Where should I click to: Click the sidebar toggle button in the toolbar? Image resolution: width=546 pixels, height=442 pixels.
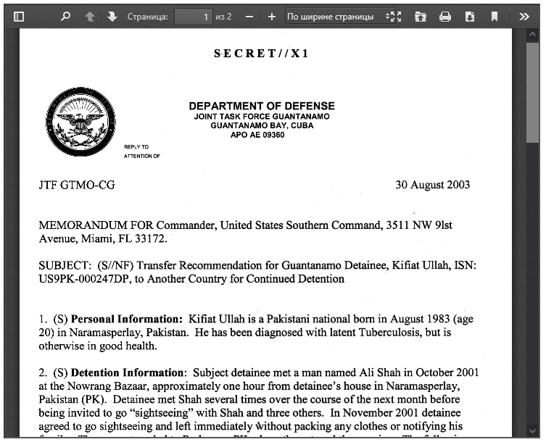click(x=19, y=16)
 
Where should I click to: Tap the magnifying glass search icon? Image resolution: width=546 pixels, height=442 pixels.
click(x=66, y=16)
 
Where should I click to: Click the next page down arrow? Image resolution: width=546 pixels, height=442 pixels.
click(x=112, y=16)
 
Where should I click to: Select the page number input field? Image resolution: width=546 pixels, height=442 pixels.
click(x=193, y=16)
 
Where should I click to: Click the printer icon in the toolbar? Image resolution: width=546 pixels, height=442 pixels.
click(x=445, y=16)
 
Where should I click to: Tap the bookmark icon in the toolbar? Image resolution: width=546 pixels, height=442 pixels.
click(x=494, y=16)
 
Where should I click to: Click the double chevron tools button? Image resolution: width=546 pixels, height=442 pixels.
click(x=524, y=16)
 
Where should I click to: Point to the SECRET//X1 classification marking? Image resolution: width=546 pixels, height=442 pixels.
click(x=261, y=54)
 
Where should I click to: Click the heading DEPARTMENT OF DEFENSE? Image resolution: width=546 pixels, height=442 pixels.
click(x=262, y=106)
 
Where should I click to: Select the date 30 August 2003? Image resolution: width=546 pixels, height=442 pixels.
click(x=432, y=185)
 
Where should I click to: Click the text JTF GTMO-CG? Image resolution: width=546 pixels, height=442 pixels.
click(x=77, y=185)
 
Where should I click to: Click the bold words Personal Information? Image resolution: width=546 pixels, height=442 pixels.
click(x=126, y=319)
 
